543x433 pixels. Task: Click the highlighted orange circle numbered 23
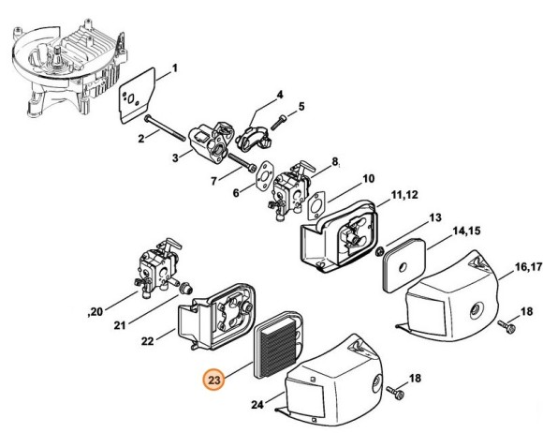tap(214, 380)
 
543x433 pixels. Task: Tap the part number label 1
tap(175, 67)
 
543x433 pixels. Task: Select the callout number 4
tap(280, 95)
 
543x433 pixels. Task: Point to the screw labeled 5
tap(278, 123)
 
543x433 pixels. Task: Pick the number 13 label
tap(435, 217)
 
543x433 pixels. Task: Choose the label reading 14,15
tap(466, 231)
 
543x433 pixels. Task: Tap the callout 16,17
tap(528, 267)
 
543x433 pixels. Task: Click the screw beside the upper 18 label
tap(506, 326)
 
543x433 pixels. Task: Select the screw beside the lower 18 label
tap(395, 392)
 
